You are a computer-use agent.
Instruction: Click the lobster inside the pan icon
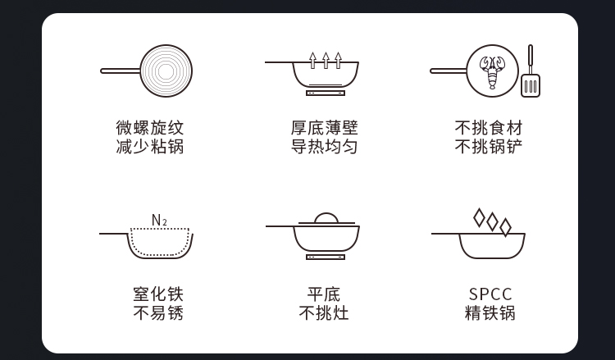(492, 72)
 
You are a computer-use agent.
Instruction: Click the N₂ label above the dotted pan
(159, 221)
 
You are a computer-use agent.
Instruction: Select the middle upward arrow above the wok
(326, 61)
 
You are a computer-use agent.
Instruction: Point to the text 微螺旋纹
(150, 128)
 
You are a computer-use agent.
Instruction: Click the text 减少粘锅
(150, 147)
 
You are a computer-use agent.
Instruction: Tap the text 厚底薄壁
(325, 128)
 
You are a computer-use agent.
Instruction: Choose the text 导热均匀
(325, 147)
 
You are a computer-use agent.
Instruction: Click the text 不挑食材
(489, 128)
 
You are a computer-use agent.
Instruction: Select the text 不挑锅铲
(489, 147)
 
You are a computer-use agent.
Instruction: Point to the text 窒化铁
(158, 294)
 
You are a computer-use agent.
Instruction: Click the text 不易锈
(158, 313)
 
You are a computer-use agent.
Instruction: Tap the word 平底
(324, 294)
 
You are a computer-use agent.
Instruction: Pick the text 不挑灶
(324, 313)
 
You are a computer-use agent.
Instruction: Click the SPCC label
(490, 294)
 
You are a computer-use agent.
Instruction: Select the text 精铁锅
(490, 313)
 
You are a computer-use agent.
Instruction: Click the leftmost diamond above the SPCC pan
(479, 217)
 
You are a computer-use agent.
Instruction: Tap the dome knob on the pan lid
(326, 218)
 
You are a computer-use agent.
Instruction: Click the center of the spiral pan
(166, 71)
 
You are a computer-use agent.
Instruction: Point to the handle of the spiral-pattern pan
(121, 71)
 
